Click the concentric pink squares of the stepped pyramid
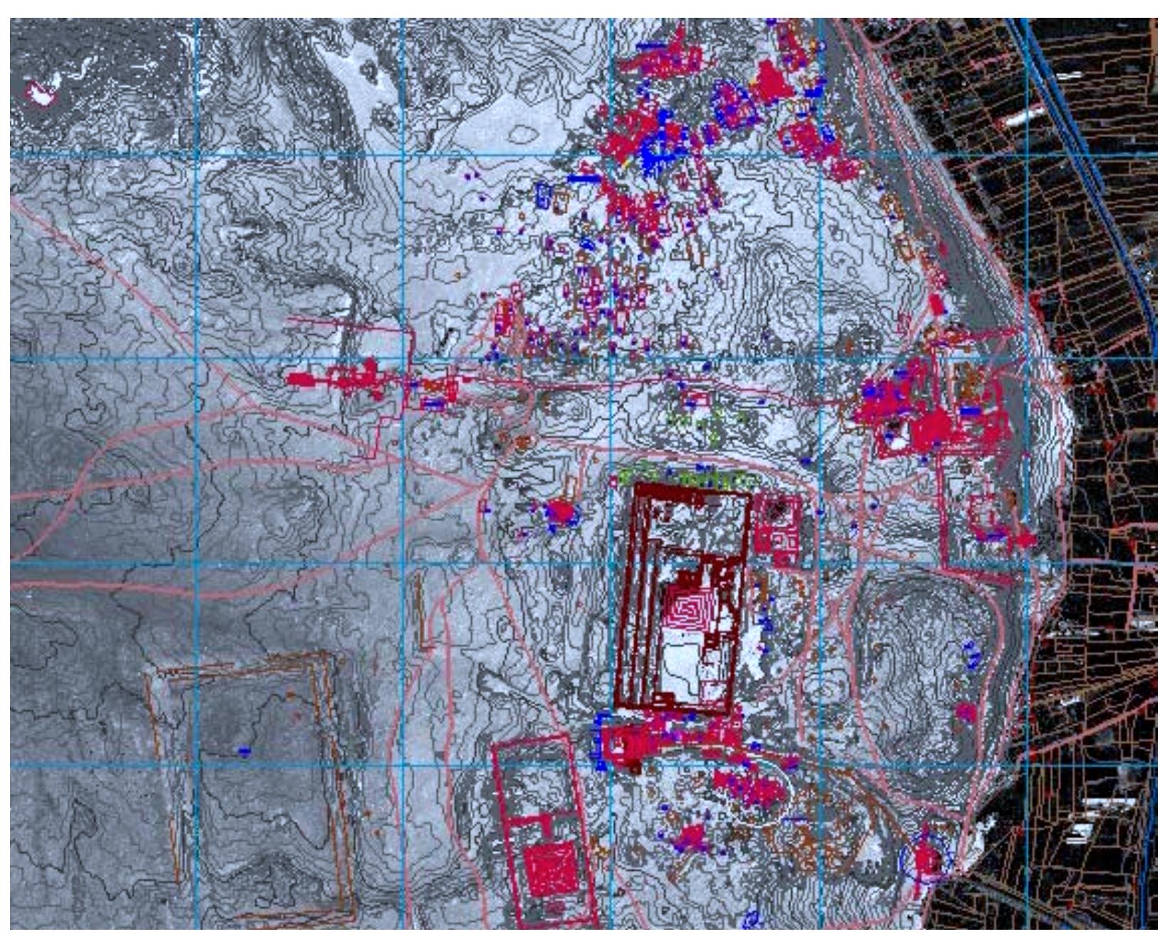point(687,610)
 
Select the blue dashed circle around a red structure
point(925,859)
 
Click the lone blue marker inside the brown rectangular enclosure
point(244,750)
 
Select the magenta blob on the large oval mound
point(966,711)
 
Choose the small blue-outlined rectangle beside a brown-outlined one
point(543,194)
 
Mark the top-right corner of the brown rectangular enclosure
point(329,656)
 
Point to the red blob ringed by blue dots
point(561,512)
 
